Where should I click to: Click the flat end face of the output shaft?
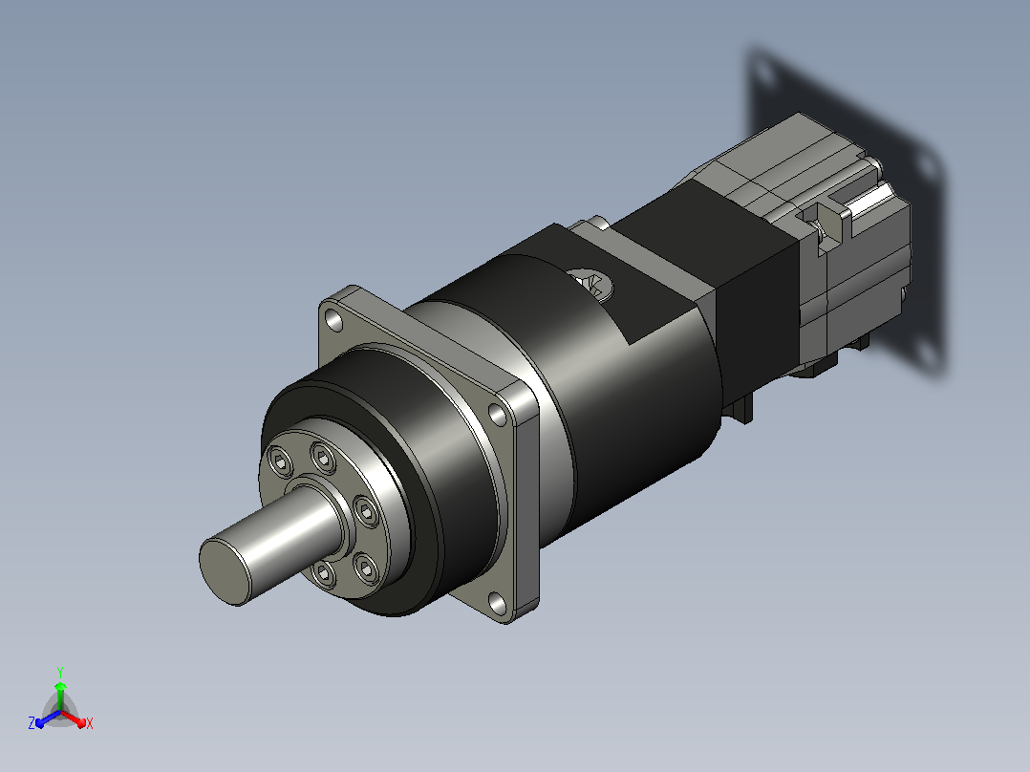[225, 569]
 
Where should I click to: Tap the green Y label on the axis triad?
[60, 672]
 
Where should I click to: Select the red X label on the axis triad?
[90, 723]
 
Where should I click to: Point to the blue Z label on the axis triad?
[32, 722]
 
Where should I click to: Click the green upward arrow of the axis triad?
[60, 696]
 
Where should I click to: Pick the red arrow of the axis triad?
[74, 718]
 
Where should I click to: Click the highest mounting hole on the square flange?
[334, 321]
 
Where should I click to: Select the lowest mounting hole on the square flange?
[497, 603]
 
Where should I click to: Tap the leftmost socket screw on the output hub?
[282, 461]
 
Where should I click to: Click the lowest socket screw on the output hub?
[323, 573]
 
